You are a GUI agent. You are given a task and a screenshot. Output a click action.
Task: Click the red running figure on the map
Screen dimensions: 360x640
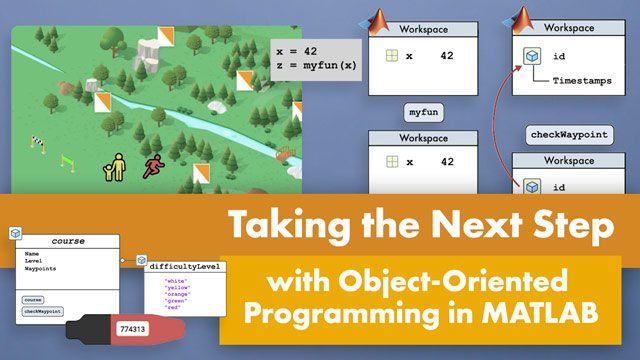point(153,167)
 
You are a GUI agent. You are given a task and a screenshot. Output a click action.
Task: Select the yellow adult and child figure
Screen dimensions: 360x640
point(115,168)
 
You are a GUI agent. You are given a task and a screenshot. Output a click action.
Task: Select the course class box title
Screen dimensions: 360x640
point(68,241)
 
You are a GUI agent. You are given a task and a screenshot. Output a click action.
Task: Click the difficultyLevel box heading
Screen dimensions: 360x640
point(186,267)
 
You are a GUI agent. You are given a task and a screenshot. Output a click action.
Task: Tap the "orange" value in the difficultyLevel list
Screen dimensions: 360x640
point(176,296)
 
